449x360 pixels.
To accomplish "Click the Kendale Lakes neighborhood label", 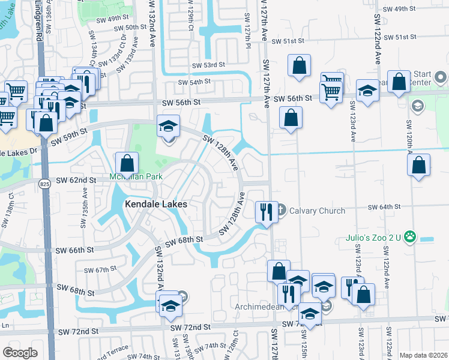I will [155, 204].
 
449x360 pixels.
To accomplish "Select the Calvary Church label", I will [317, 211].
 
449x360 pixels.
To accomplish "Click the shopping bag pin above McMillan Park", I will [127, 163].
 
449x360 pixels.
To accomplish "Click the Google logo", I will [20, 353].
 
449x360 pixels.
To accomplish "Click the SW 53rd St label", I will [208, 65].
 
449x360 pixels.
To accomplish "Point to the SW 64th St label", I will [385, 207].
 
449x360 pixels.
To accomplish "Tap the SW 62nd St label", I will [76, 180].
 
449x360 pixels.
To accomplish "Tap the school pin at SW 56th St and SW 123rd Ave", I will [367, 91].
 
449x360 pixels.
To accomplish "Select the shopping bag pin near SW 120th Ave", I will [419, 165].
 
